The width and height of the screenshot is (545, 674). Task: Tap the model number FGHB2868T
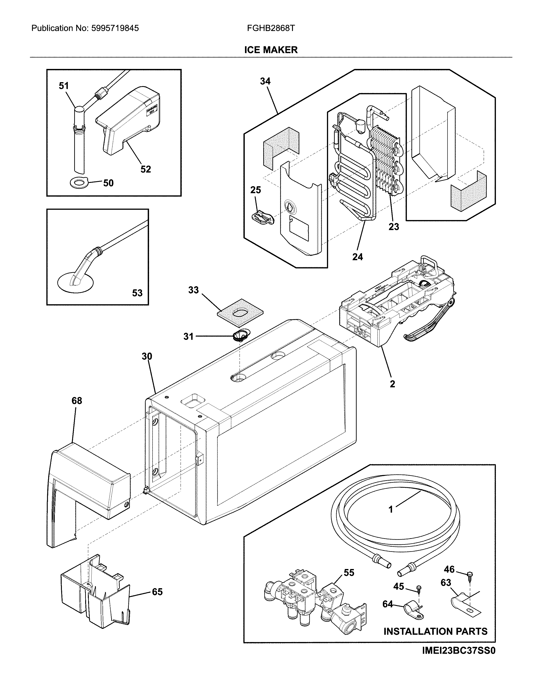[x=271, y=28]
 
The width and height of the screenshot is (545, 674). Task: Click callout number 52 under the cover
[x=145, y=169]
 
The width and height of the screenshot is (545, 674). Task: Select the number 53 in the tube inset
[x=137, y=293]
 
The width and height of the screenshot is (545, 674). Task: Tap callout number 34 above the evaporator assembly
[x=265, y=81]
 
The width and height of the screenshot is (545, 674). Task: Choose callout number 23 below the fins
[x=394, y=227]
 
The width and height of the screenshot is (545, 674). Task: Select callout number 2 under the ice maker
[x=392, y=384]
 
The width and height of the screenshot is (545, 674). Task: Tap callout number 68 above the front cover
[x=77, y=401]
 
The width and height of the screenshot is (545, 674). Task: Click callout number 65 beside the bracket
[x=157, y=592]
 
